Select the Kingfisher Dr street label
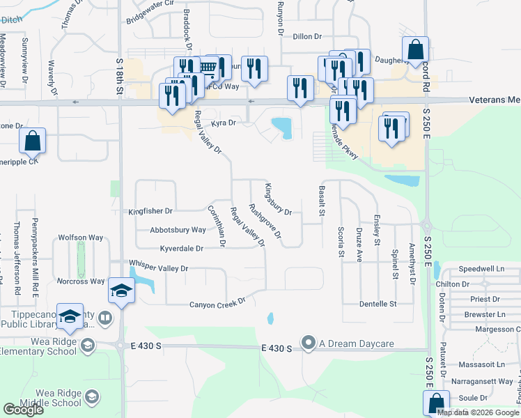point(150,211)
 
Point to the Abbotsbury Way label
point(178,230)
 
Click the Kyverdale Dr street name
point(181,248)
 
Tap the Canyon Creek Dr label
point(218,304)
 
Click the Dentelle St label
point(378,304)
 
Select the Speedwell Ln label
point(482,268)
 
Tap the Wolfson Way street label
point(81,238)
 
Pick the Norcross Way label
point(82,281)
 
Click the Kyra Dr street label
point(224,123)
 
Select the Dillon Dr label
point(307,36)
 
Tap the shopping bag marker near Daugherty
point(415,50)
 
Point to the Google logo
point(23,410)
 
